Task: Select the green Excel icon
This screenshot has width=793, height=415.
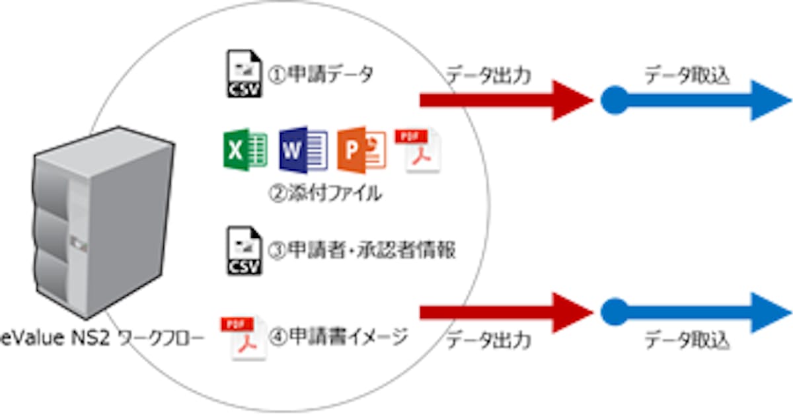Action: coord(245,148)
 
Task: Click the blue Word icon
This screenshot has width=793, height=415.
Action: coord(303,148)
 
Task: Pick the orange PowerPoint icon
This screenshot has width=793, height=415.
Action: coord(361,149)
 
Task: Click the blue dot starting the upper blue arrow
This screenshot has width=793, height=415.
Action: coord(614,100)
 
